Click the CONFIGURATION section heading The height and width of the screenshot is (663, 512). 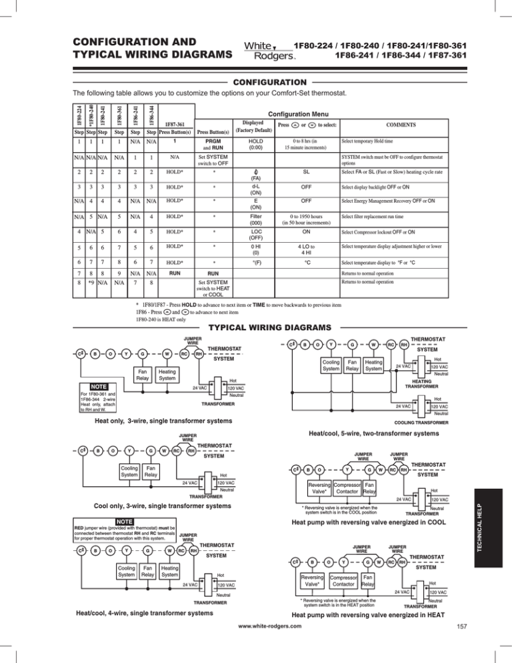point(256,81)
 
